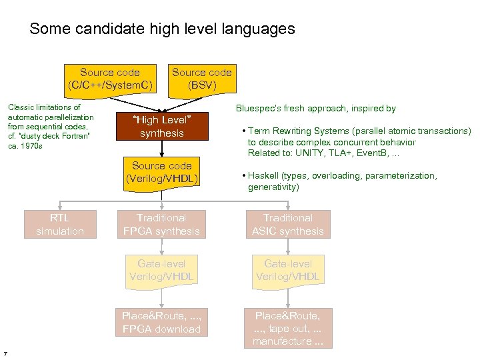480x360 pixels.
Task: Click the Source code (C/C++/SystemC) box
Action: tap(110, 79)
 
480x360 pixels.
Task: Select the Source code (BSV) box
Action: tap(202, 79)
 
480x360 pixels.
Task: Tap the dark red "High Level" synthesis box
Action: tap(161, 126)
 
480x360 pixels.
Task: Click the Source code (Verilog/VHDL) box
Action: tap(161, 172)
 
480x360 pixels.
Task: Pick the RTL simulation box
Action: tap(60, 225)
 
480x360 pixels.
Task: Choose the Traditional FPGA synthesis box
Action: tap(161, 225)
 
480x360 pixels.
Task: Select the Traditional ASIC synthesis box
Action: tap(287, 225)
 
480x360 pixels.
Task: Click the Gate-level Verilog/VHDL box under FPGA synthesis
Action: tap(161, 270)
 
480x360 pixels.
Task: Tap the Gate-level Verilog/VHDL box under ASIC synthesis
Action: tap(287, 270)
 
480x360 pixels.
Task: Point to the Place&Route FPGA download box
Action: tap(161, 323)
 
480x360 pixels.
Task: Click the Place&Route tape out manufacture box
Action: tap(287, 329)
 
